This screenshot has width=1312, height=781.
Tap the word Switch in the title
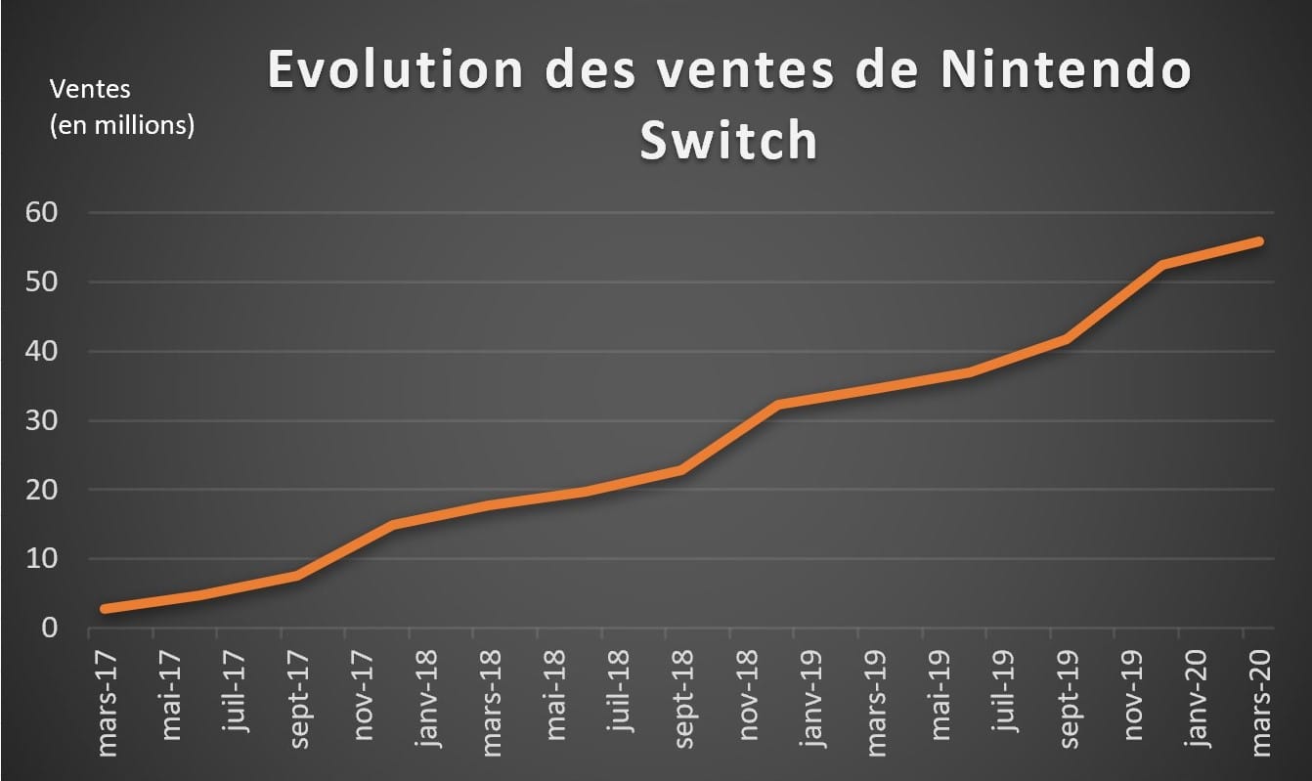tap(728, 142)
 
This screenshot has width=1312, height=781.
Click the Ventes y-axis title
tap(90, 89)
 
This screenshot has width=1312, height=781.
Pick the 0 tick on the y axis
tap(50, 629)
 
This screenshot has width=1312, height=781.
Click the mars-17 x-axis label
tap(109, 700)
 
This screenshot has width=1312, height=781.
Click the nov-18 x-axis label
tap(748, 697)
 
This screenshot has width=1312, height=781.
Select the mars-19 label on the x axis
tap(876, 700)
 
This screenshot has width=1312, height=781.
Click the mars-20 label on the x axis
tap(1259, 700)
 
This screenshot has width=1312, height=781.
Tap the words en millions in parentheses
tap(122, 125)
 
